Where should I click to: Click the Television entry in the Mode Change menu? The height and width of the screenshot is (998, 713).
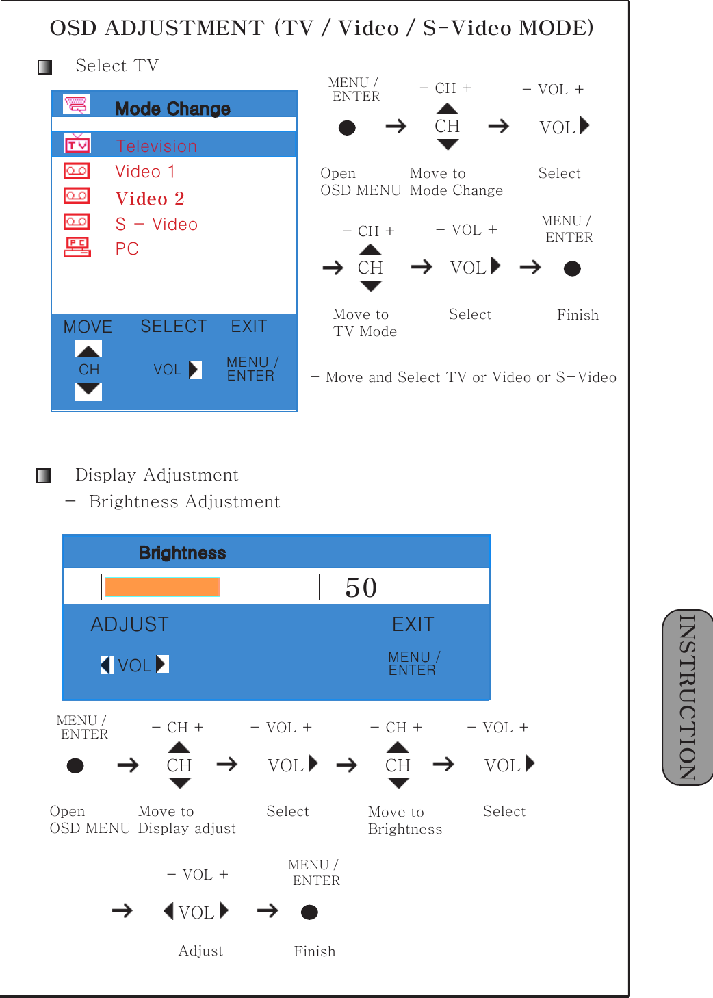pos(156,146)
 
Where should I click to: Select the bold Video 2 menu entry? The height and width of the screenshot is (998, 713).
pos(150,199)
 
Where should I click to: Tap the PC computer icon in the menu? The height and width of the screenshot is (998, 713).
pos(77,247)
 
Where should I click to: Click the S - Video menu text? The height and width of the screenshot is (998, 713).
pos(156,225)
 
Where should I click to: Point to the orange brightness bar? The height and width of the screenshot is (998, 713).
pos(162,587)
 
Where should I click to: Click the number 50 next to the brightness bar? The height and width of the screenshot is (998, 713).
pos(361,588)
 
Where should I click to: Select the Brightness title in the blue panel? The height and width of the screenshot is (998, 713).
pos(182,553)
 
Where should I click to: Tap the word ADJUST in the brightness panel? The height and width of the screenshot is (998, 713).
pos(130,624)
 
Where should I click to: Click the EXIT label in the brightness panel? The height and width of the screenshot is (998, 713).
pos(413,624)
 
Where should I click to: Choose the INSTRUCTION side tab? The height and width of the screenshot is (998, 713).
pos(687,697)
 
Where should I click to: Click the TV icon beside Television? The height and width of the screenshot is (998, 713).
pos(77,144)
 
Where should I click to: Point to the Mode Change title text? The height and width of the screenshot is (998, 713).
pos(172,109)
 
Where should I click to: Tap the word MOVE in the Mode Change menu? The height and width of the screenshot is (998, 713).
pos(88,327)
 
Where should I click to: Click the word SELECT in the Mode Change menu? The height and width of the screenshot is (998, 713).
pos(173,327)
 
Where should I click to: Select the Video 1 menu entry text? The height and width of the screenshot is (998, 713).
pos(145,172)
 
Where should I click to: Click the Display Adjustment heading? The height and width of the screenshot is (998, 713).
pos(157,475)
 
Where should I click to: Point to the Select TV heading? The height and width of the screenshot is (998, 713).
pos(117,66)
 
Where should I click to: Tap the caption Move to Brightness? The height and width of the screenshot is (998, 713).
pos(404,820)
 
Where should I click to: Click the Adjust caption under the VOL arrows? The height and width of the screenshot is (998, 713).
pos(200,951)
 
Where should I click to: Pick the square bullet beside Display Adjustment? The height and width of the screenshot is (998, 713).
pos(44,476)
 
